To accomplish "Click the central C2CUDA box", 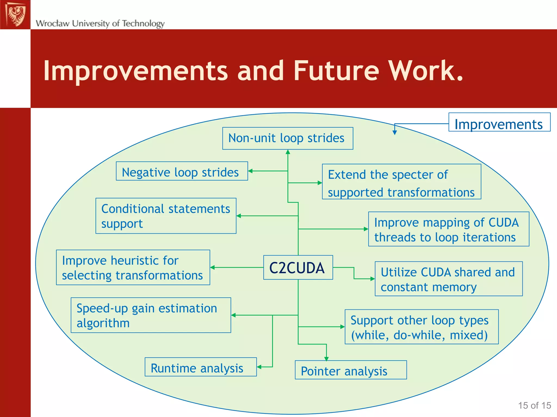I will pos(298,267).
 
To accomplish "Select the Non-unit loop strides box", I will pos(287,138).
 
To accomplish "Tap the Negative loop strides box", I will pos(182,171).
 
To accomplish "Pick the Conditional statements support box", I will pos(166,216).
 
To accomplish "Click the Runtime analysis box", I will pos(200,367).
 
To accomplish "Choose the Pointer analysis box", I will pos(351,370).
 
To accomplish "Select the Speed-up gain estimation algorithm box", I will pos(151,315).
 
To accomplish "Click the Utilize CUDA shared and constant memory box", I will pos(448,279).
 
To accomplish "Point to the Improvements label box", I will pos(499,122).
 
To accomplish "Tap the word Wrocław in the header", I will pos(52,24).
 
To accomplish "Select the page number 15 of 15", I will pos(534,405).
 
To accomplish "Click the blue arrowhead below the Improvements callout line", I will pos(395,132).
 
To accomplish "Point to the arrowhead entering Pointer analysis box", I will pos(326,359).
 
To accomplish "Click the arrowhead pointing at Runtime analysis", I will pos(259,367).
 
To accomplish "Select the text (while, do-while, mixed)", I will pos(419,335).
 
